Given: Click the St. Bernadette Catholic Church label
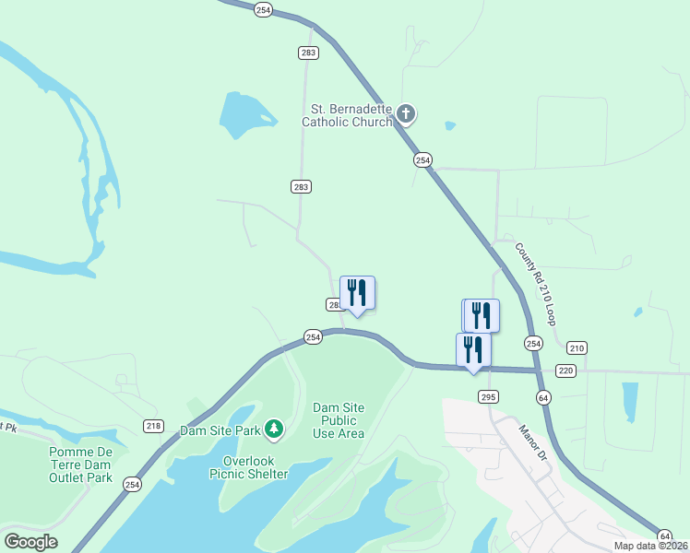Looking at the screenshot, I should click(x=351, y=114).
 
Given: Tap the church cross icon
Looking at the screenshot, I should click(x=406, y=114).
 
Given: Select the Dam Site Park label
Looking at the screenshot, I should click(x=220, y=429).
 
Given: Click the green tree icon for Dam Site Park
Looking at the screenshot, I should click(x=273, y=429).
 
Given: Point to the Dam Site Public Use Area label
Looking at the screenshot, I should click(x=339, y=420).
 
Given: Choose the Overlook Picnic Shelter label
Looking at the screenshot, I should click(x=256, y=467).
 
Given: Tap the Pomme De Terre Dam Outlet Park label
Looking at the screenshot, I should click(x=80, y=465).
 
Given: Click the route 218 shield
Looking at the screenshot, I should click(x=153, y=425).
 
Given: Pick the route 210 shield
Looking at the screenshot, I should click(x=577, y=347).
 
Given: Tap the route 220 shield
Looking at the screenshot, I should click(x=566, y=371).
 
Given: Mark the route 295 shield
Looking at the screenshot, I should click(x=489, y=396).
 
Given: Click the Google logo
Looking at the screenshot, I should click(x=30, y=542).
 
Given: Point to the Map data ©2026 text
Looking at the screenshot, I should click(x=651, y=546).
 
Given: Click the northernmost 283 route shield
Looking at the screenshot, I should click(x=308, y=53).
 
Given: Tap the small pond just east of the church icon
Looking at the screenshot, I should click(x=449, y=125).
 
